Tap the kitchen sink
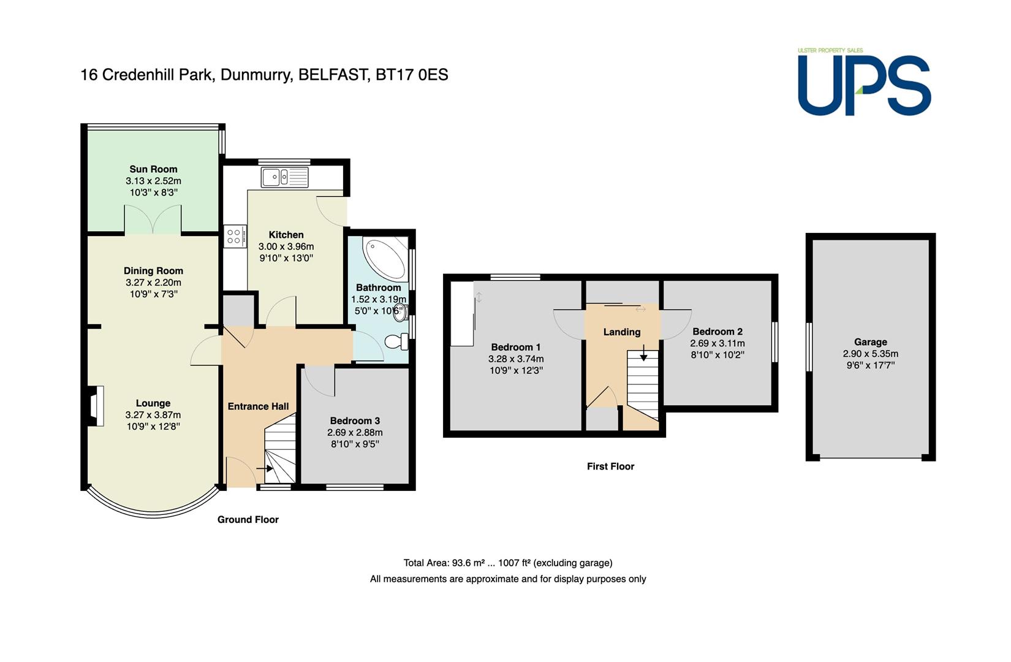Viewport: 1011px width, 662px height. click(x=284, y=177)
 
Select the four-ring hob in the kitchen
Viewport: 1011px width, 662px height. click(x=235, y=236)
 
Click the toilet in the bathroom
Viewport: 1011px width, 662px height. click(x=396, y=341)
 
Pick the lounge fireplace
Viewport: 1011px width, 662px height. click(x=95, y=406)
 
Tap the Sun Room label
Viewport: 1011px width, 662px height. click(x=153, y=169)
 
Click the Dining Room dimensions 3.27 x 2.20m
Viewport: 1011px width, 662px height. click(x=153, y=283)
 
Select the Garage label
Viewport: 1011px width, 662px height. click(x=871, y=342)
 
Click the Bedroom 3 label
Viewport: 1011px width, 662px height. click(x=355, y=421)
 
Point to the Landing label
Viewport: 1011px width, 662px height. click(x=622, y=332)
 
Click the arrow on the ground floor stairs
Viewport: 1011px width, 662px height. click(x=265, y=468)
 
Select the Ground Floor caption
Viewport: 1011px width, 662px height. click(x=248, y=520)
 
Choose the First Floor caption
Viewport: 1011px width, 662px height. click(x=611, y=466)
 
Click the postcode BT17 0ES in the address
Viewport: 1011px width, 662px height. click(x=412, y=75)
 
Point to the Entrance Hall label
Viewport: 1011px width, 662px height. click(x=258, y=406)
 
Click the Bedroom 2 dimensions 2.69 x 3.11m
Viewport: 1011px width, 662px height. click(x=718, y=343)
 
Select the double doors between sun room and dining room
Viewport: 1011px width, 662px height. click(x=153, y=219)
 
